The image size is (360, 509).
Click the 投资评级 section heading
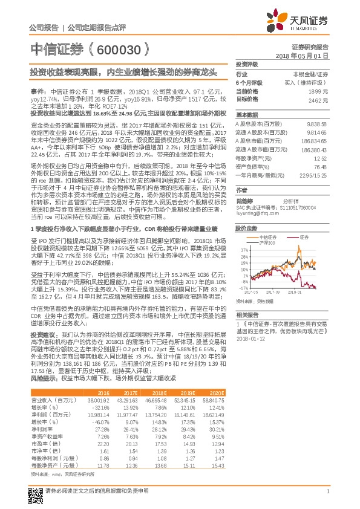(247, 63)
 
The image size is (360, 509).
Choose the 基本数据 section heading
(247, 114)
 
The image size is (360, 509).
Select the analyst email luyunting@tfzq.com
(255, 178)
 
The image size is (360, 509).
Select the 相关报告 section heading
(247, 314)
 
